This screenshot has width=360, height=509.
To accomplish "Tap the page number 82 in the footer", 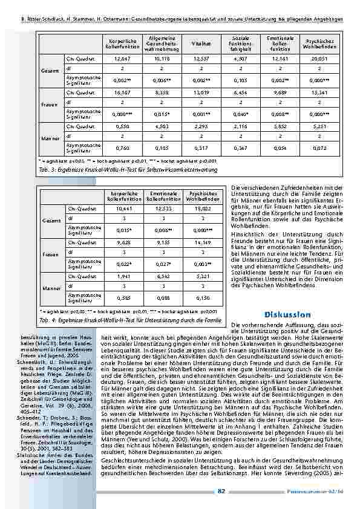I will (x=221, y=491).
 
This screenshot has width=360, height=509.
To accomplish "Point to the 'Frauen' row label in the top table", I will (x=50, y=105).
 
